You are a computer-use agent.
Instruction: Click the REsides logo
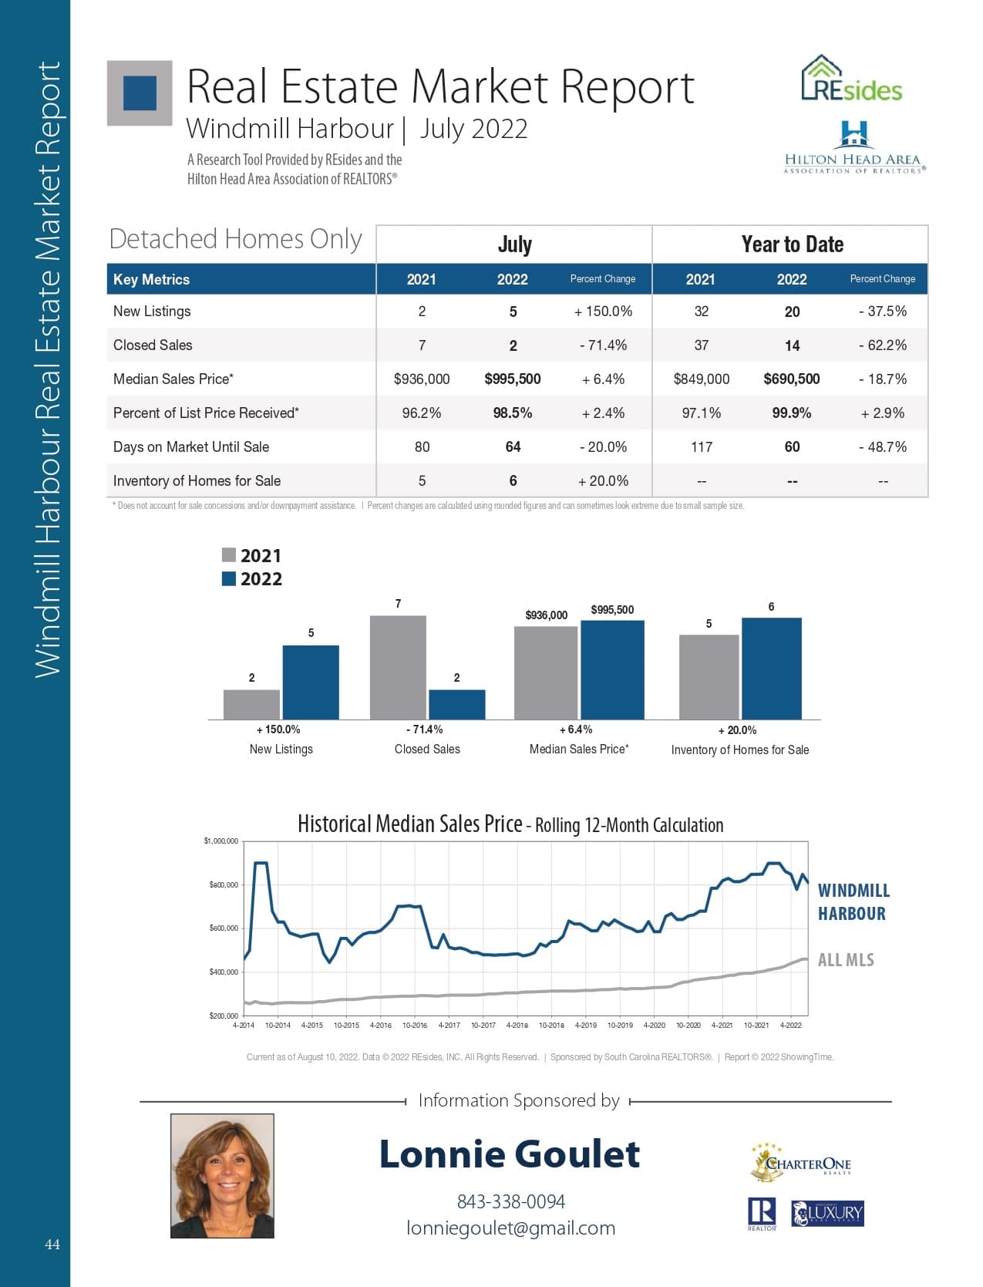(851, 79)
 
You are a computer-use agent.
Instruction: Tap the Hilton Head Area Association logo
(854, 147)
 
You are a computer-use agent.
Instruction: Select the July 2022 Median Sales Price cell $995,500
(512, 379)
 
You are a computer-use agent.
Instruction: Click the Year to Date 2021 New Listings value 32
(701, 312)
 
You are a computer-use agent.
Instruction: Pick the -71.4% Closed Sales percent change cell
(603, 345)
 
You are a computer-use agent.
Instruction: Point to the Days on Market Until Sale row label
(191, 446)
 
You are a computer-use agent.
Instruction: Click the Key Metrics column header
(151, 279)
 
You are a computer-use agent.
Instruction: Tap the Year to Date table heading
(792, 244)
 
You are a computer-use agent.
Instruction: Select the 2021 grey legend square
(229, 554)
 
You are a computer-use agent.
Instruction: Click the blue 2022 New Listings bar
(311, 682)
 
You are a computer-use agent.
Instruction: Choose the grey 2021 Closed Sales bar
(398, 667)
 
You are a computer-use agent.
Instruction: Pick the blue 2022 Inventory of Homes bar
(772, 669)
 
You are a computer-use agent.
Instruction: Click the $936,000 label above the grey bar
(547, 615)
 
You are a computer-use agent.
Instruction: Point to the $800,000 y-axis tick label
(224, 884)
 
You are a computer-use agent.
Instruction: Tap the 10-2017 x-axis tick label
(483, 1026)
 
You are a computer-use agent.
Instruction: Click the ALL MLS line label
(846, 960)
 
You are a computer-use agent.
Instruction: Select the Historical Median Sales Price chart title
(510, 824)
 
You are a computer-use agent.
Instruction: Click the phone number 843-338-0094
(510, 1201)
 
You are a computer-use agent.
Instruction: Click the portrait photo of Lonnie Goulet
(222, 1176)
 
